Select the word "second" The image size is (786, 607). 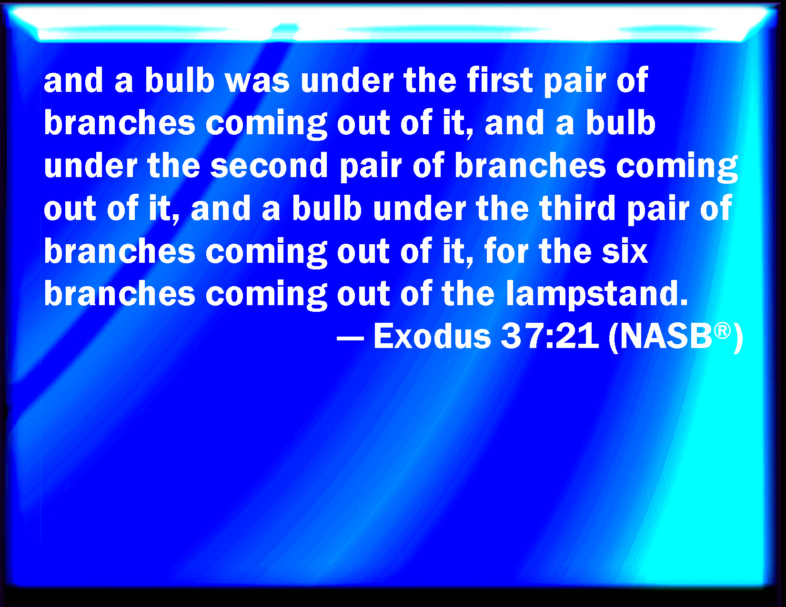click(x=269, y=166)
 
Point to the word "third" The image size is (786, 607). click(x=577, y=208)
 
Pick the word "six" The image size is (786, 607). click(x=625, y=251)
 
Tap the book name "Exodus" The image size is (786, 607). click(x=432, y=336)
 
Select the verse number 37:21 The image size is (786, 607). click(x=550, y=337)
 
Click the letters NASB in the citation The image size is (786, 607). click(x=666, y=337)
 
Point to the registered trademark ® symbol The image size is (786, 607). click(x=722, y=330)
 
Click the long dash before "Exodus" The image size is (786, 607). click(x=350, y=338)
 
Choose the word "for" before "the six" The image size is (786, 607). click(x=506, y=251)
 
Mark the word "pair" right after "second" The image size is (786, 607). click(x=371, y=168)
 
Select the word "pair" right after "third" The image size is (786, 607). click(x=657, y=211)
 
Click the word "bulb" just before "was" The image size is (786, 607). click(x=180, y=80)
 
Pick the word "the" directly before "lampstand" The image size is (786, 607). click(x=468, y=294)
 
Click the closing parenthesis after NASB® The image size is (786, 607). click(x=737, y=338)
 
